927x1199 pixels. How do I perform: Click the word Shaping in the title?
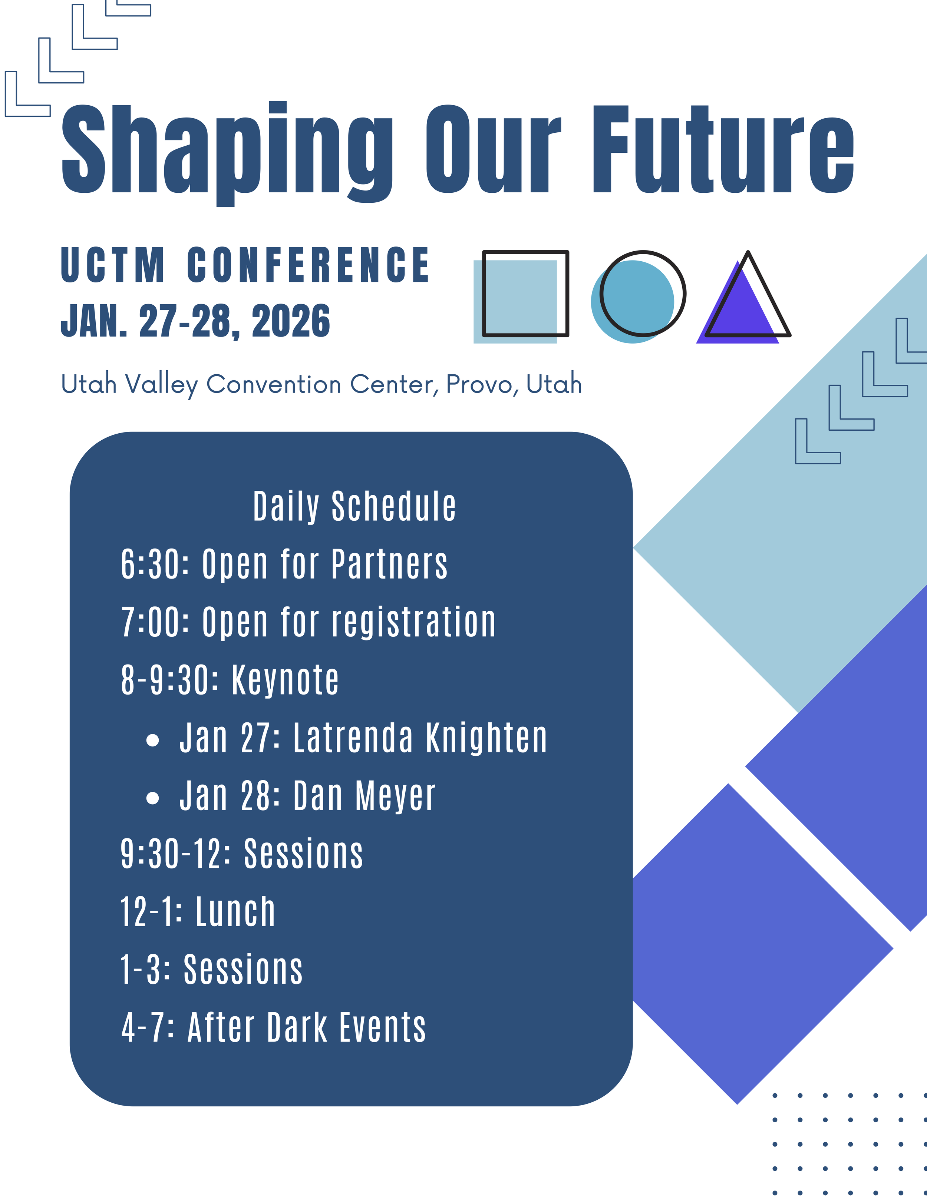click(227, 154)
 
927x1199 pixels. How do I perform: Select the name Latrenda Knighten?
click(420, 738)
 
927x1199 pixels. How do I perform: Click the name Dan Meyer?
click(364, 796)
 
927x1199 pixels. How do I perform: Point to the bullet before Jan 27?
click(153, 740)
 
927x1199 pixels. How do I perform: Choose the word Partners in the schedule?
click(389, 564)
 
